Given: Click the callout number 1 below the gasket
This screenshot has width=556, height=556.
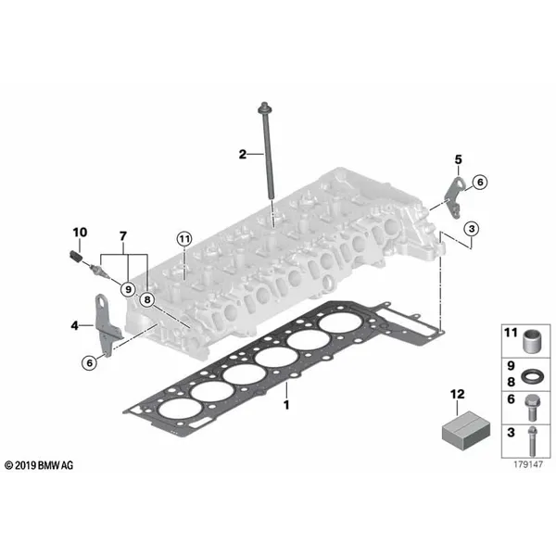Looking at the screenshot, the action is coord(286,405).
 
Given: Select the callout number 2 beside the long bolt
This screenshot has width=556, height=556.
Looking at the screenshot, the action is coord(243,154).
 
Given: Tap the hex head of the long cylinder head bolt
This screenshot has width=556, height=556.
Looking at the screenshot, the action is coord(264,107).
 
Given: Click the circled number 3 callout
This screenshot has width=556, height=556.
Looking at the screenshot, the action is coord(472,229).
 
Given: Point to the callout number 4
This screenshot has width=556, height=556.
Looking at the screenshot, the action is coord(74,325).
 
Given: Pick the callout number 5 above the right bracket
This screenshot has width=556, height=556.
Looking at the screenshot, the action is coord(459,159).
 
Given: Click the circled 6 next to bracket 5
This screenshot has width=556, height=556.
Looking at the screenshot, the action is coord(480,183).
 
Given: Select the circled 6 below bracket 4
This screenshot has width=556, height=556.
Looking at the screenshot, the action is coord(89,362).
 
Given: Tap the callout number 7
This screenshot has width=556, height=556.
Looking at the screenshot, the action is coord(122,236).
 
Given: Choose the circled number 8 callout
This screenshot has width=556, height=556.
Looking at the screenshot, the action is coord(147,300).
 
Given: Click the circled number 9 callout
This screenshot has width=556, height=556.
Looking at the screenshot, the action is coord(128,289).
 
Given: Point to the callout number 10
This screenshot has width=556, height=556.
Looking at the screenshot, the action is coord(80,233).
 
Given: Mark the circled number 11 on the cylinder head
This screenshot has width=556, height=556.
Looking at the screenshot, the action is coord(184,239).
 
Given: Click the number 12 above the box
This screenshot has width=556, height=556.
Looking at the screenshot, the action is coord(457,394).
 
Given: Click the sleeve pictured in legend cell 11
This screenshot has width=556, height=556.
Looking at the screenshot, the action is coord(531,341).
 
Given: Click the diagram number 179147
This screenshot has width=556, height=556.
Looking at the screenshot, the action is coord(528,464).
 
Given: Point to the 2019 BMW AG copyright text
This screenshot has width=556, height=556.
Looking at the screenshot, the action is coord(39,465).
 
